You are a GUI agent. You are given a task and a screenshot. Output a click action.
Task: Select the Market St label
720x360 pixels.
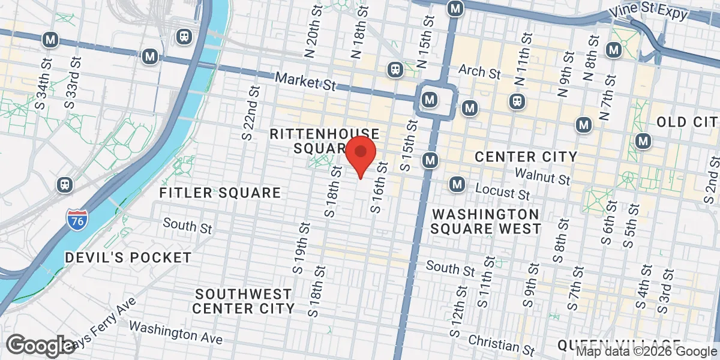tap(305, 82)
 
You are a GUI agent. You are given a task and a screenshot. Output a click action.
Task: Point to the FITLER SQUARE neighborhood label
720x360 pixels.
tap(220, 193)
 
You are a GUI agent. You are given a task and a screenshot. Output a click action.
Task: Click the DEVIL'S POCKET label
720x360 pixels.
tap(128, 257)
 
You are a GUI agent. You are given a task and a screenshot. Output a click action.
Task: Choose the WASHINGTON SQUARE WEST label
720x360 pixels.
tap(485, 221)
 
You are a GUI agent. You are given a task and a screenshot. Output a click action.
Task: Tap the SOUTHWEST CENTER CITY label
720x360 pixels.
tap(244, 301)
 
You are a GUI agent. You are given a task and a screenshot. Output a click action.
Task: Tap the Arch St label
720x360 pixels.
tap(479, 73)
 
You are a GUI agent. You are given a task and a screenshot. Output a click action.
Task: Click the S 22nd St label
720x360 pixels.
tap(251, 112)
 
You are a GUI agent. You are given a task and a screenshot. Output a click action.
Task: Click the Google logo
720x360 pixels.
tap(41, 345)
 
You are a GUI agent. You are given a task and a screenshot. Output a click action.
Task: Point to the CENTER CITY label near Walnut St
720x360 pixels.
tap(526, 157)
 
